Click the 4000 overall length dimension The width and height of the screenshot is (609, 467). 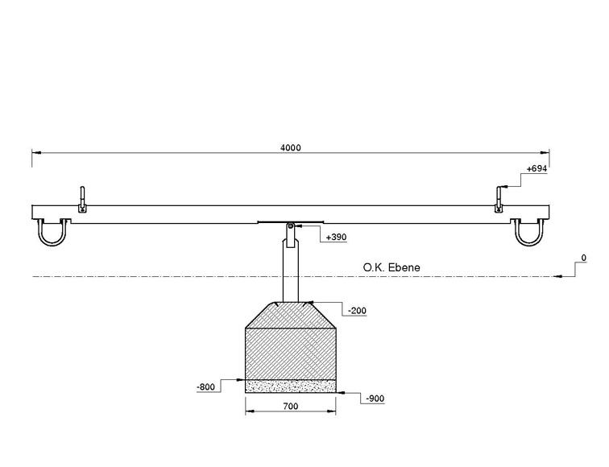[x=291, y=147]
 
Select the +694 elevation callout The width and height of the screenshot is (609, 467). [x=536, y=168]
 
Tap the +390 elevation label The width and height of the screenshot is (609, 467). [x=336, y=237]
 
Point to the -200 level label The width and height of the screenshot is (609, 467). [x=357, y=311]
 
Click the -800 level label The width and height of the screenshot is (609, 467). [x=206, y=387]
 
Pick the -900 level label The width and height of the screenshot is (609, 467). [x=375, y=399]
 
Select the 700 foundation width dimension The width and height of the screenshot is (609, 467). [x=291, y=406]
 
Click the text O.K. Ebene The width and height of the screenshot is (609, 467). [x=391, y=267]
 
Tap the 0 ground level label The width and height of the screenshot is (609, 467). [x=583, y=258]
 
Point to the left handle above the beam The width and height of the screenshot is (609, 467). [x=82, y=199]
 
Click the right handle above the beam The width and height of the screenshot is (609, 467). [x=499, y=199]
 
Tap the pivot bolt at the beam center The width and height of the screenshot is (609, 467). [x=290, y=225]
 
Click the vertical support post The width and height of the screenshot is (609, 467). [x=290, y=271]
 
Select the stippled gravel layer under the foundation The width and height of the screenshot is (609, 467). [x=291, y=386]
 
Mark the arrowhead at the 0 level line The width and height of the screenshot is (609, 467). [x=557, y=276]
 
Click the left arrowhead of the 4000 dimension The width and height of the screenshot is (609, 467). [x=36, y=153]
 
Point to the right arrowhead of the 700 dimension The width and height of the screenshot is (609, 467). [x=332, y=411]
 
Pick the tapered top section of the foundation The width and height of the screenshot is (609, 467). [x=291, y=315]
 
